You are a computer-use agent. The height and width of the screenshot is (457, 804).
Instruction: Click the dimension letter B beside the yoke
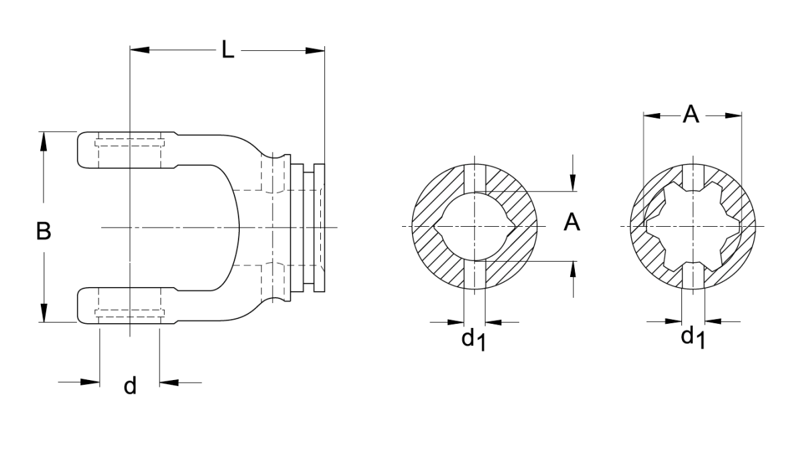click(44, 231)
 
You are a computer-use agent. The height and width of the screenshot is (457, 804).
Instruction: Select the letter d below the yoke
click(130, 385)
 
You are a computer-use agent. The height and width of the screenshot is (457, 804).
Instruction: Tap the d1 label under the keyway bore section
click(474, 341)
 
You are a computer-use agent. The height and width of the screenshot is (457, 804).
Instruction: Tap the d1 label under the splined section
click(693, 339)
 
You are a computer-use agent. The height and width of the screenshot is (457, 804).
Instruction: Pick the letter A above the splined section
click(691, 114)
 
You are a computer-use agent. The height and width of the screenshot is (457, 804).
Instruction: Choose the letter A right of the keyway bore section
click(572, 222)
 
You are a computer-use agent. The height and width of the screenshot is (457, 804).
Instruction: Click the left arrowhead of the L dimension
click(139, 50)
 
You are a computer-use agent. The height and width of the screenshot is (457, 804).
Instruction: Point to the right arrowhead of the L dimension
click(315, 51)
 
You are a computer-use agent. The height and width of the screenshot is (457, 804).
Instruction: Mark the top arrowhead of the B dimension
click(44, 141)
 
